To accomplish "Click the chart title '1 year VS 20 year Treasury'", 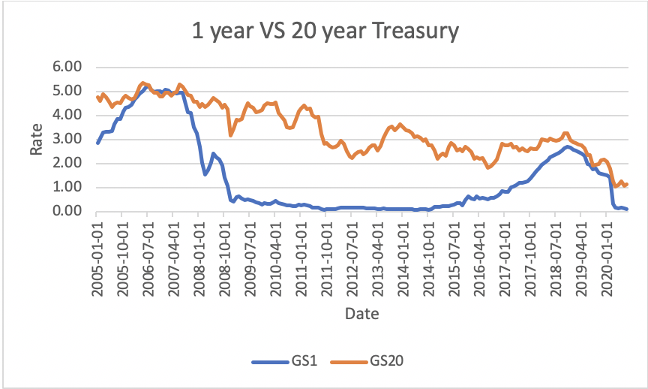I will click(323, 32).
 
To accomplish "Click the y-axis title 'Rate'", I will click(37, 140).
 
